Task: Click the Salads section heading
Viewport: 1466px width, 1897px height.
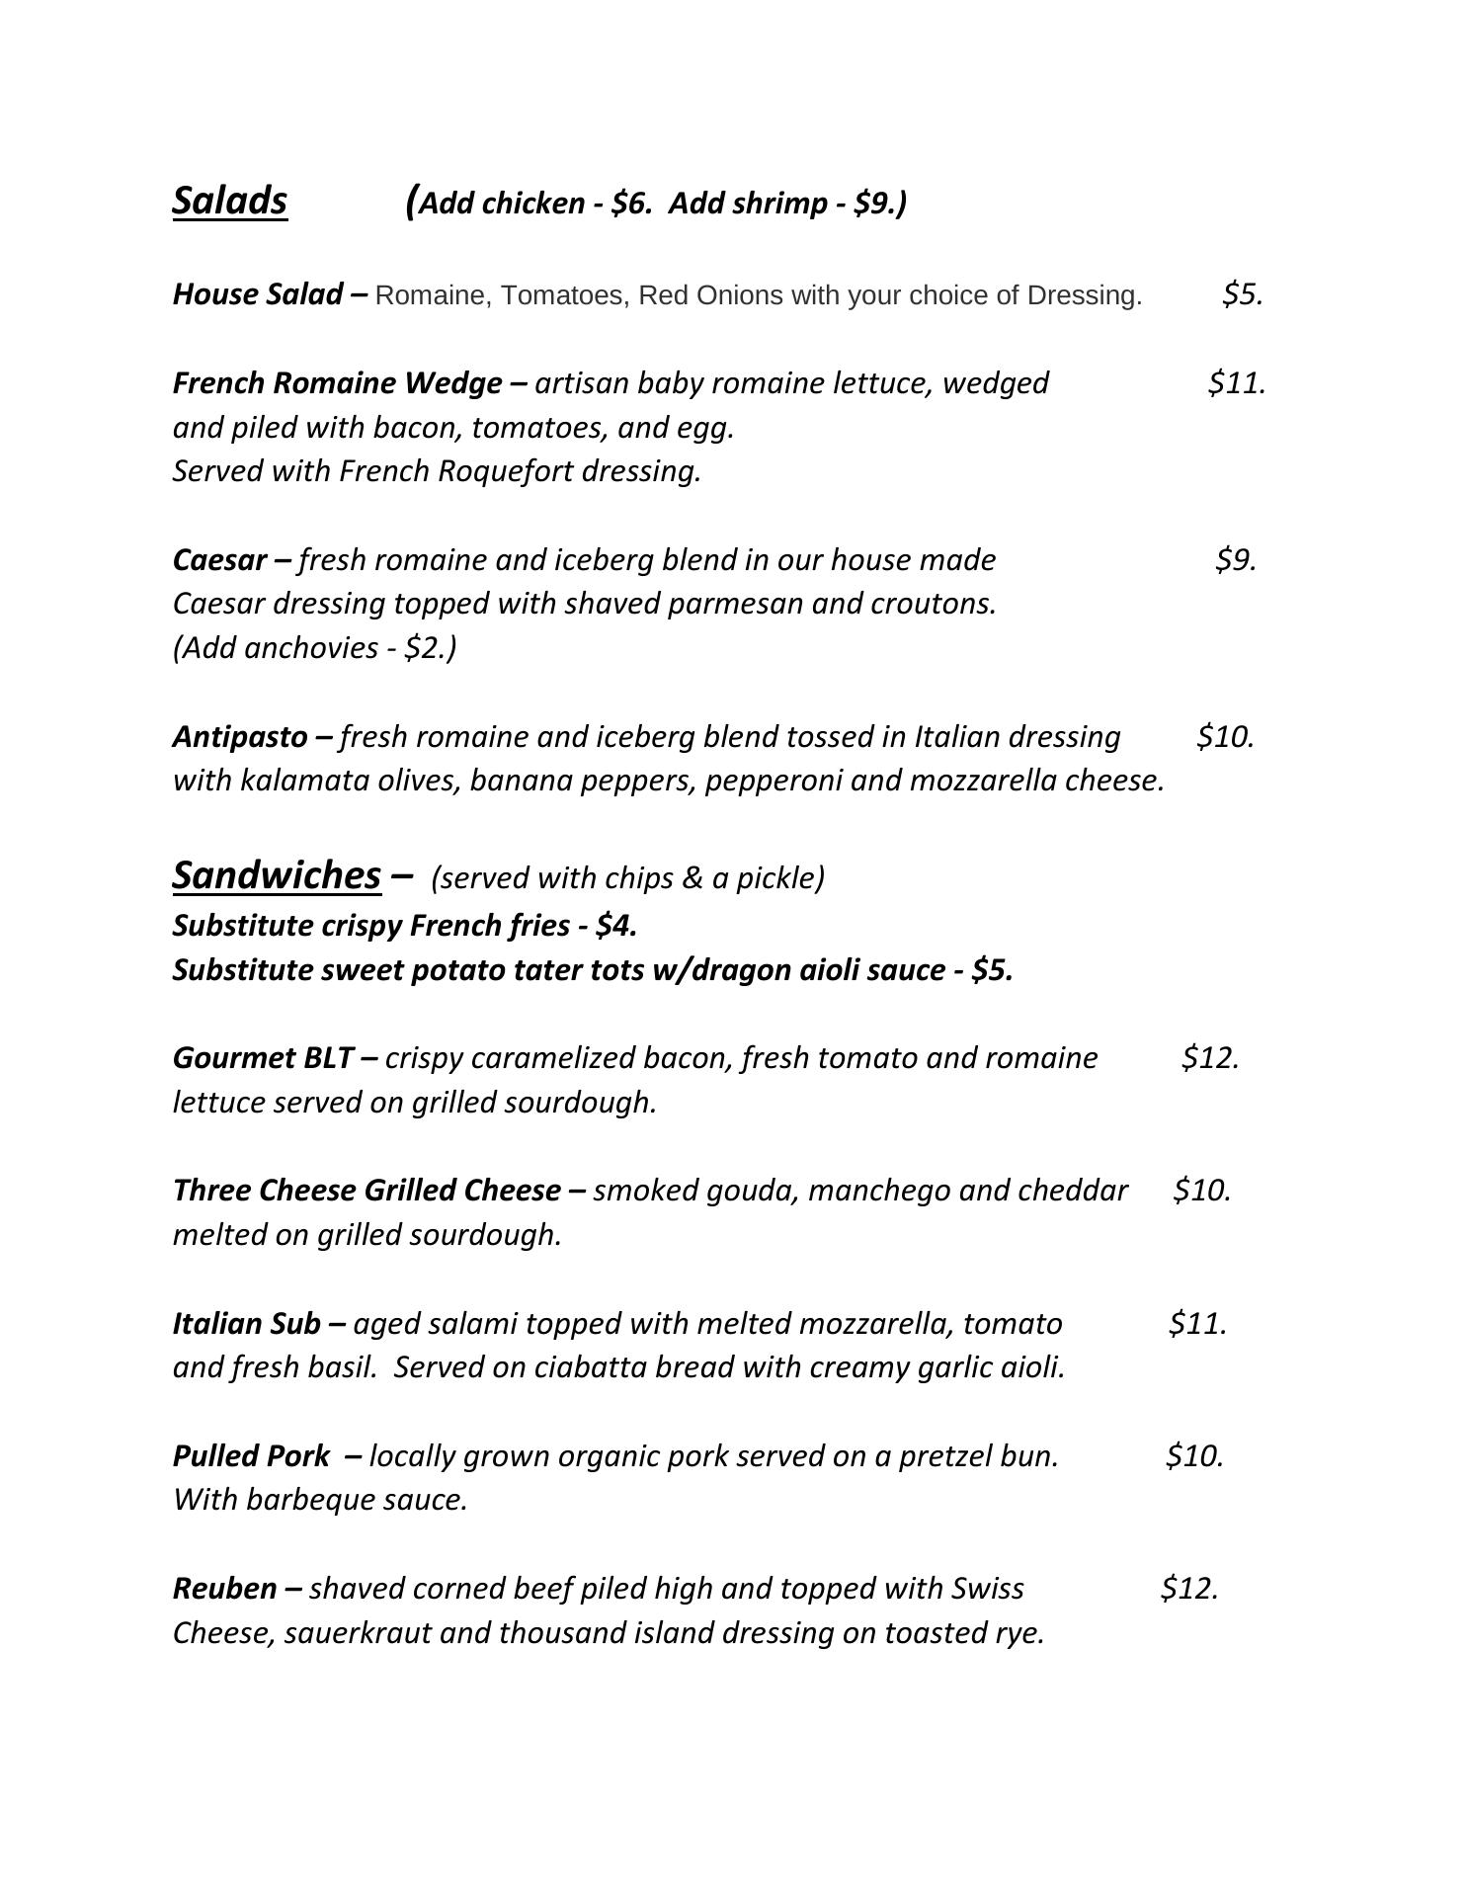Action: pos(229,201)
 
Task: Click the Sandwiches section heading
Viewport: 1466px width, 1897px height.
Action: pos(277,875)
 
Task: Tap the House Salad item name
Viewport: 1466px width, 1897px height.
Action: pos(257,294)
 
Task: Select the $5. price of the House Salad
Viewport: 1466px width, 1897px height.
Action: pos(1242,294)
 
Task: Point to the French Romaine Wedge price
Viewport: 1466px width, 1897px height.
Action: pos(1236,382)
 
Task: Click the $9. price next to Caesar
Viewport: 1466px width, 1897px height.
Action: pos(1235,559)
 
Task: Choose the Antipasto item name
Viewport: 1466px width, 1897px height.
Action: pos(240,737)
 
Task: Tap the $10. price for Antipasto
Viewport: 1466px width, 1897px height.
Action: pos(1225,737)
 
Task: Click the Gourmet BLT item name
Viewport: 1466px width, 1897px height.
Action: pos(262,1058)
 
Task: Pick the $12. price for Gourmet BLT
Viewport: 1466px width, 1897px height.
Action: pos(1210,1058)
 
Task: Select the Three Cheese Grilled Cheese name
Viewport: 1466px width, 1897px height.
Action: pos(366,1191)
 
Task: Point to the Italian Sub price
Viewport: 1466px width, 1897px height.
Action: pos(1197,1323)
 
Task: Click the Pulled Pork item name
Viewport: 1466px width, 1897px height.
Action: pos(251,1455)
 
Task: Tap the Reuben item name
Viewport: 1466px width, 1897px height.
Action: pos(224,1588)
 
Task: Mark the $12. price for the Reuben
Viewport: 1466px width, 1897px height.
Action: pos(1189,1588)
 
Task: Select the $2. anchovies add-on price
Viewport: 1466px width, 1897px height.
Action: pos(425,648)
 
